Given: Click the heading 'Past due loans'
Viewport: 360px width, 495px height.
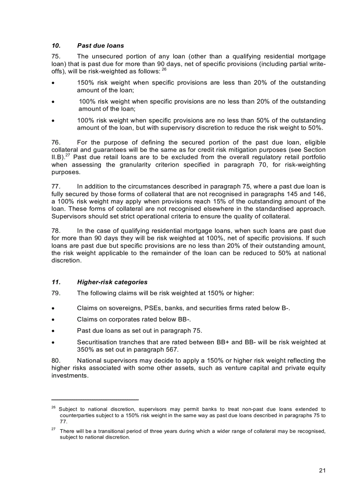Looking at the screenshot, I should point(101,45).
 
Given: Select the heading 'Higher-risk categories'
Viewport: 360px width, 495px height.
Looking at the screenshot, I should point(112,282).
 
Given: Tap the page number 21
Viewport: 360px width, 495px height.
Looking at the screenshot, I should point(322,470).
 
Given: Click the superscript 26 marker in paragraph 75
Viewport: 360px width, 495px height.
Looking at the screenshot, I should point(164,70).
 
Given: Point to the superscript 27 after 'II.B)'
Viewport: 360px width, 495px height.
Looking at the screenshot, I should point(69,155).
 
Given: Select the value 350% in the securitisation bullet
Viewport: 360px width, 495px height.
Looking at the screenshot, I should point(86,350).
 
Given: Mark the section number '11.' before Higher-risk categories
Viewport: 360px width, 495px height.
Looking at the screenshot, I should point(57,282).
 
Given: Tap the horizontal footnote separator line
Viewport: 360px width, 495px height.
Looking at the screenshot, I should point(95,399).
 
